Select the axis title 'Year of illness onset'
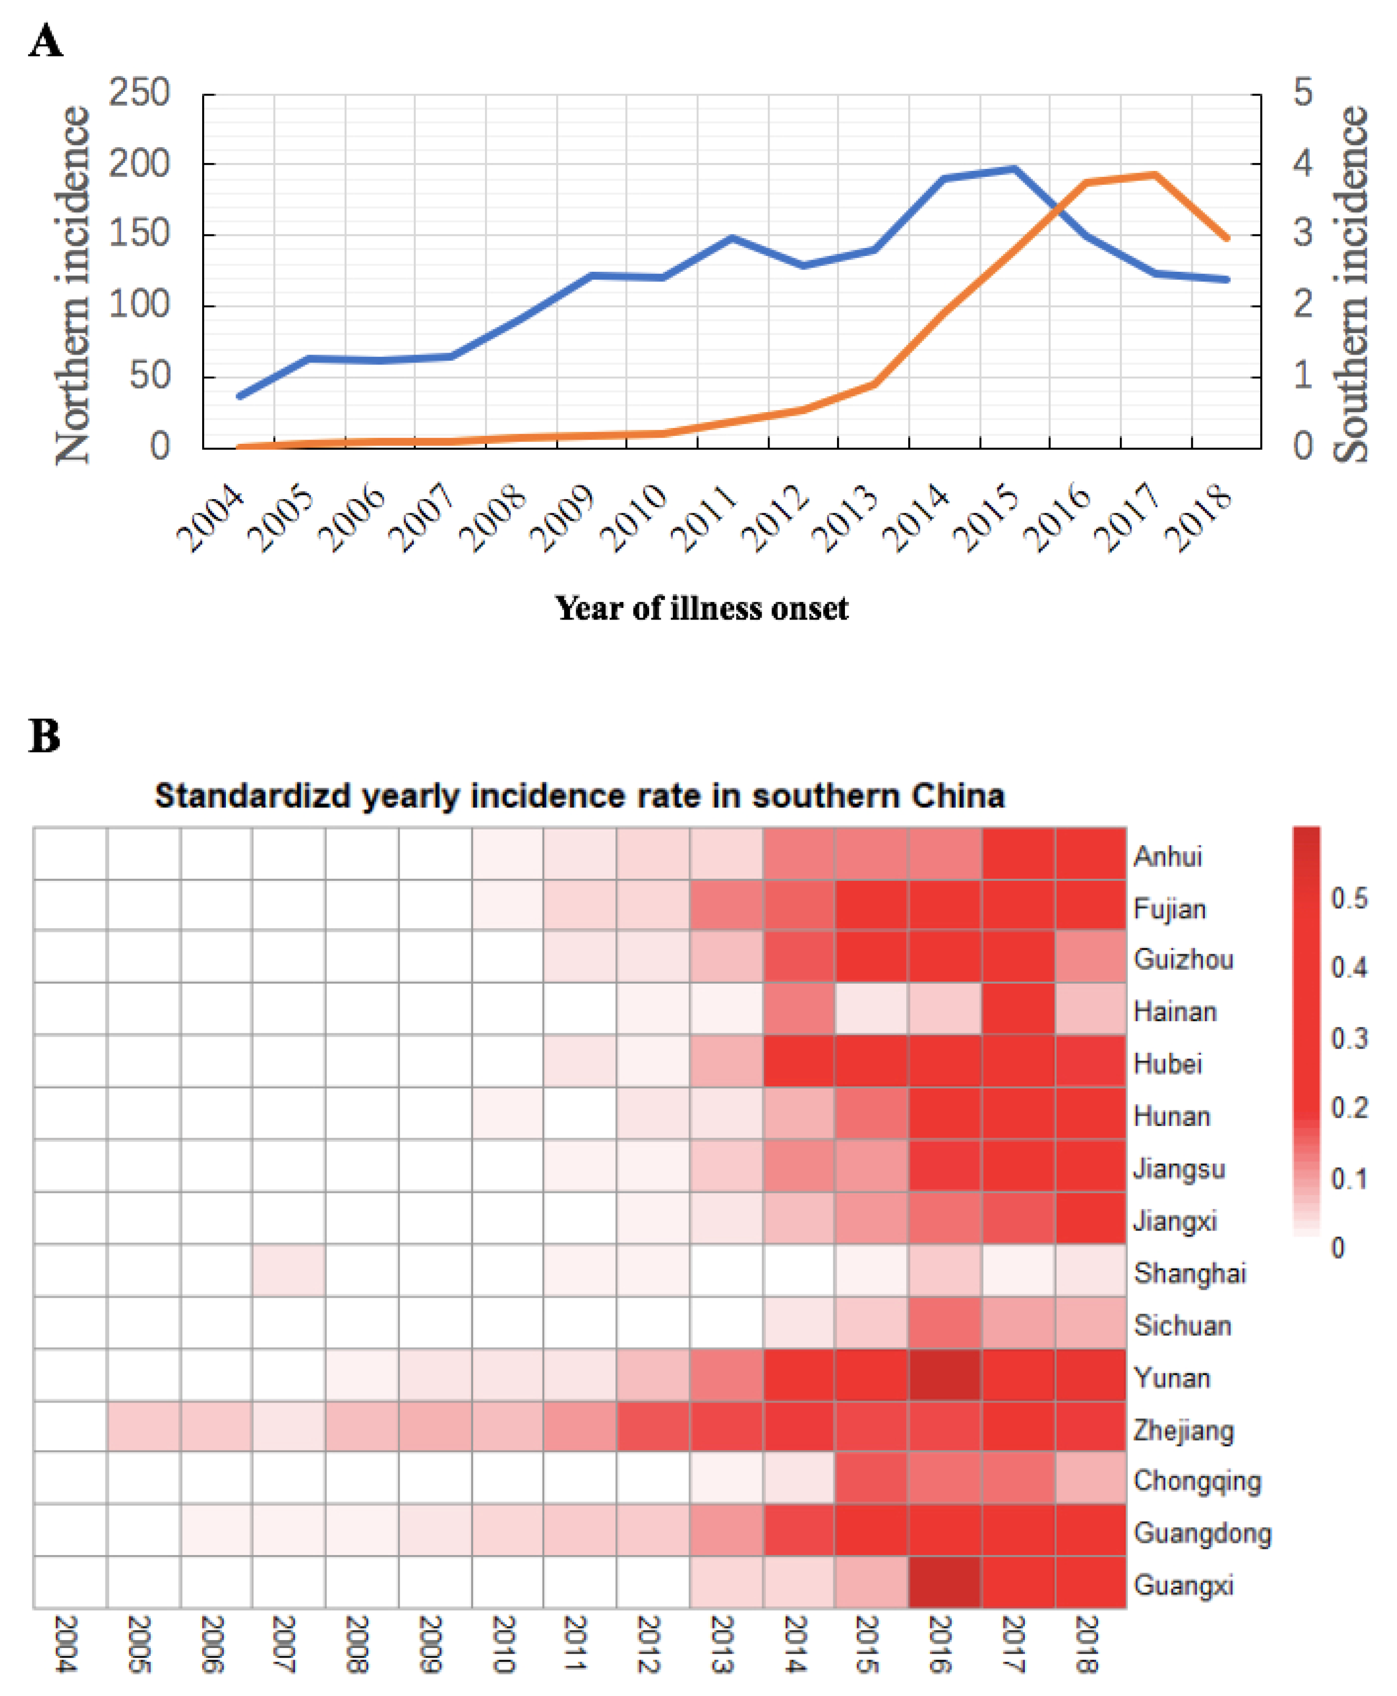coord(701,608)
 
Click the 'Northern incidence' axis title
coord(72,285)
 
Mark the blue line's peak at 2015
coord(1015,169)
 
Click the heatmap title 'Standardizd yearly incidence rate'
coord(579,796)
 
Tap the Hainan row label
coord(1175,1012)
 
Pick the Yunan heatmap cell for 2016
coord(945,1377)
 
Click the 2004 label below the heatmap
coord(66,1644)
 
